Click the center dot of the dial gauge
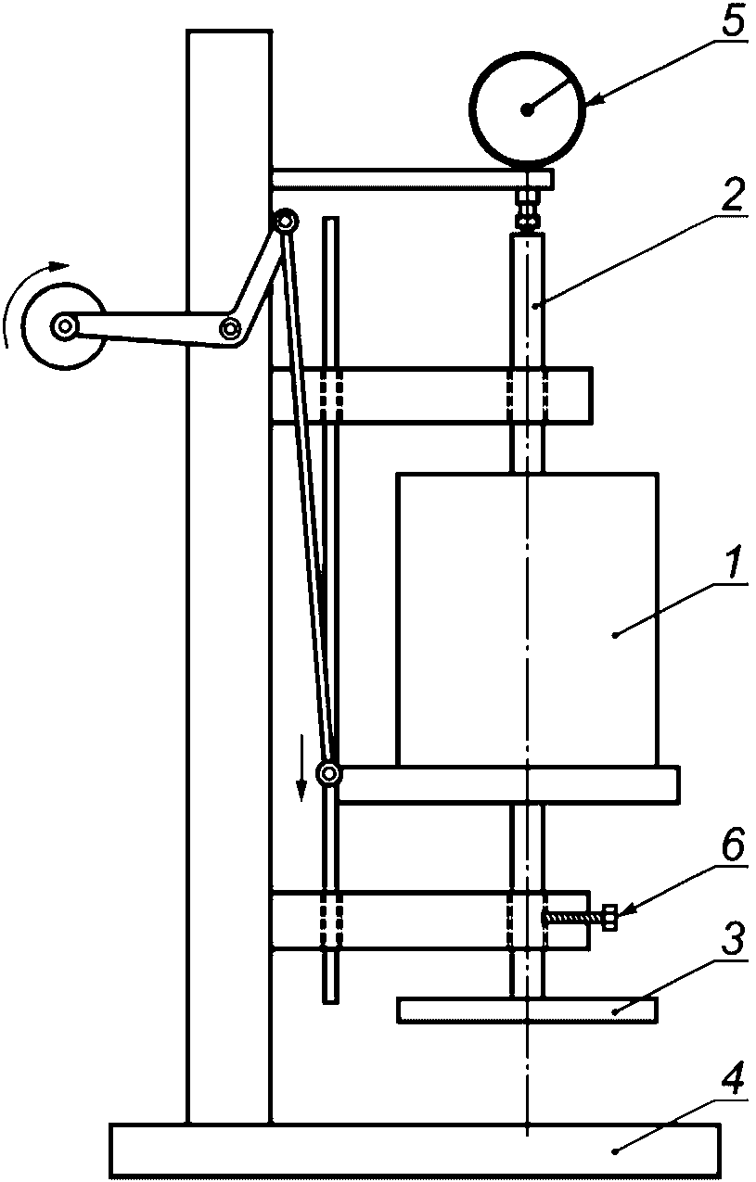pos(526,109)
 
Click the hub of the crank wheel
pos(65,327)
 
